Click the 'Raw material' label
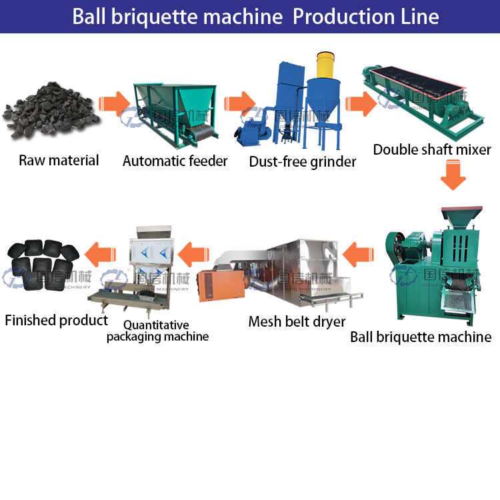pyautogui.click(x=59, y=160)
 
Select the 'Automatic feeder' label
pyautogui.click(x=175, y=161)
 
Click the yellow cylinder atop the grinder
pyautogui.click(x=324, y=65)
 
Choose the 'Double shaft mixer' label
pyautogui.click(x=432, y=149)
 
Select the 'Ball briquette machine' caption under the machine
pyautogui.click(x=421, y=337)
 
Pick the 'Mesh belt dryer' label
pyautogui.click(x=297, y=321)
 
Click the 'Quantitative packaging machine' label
pyautogui.click(x=157, y=331)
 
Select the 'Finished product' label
pyautogui.click(x=56, y=320)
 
